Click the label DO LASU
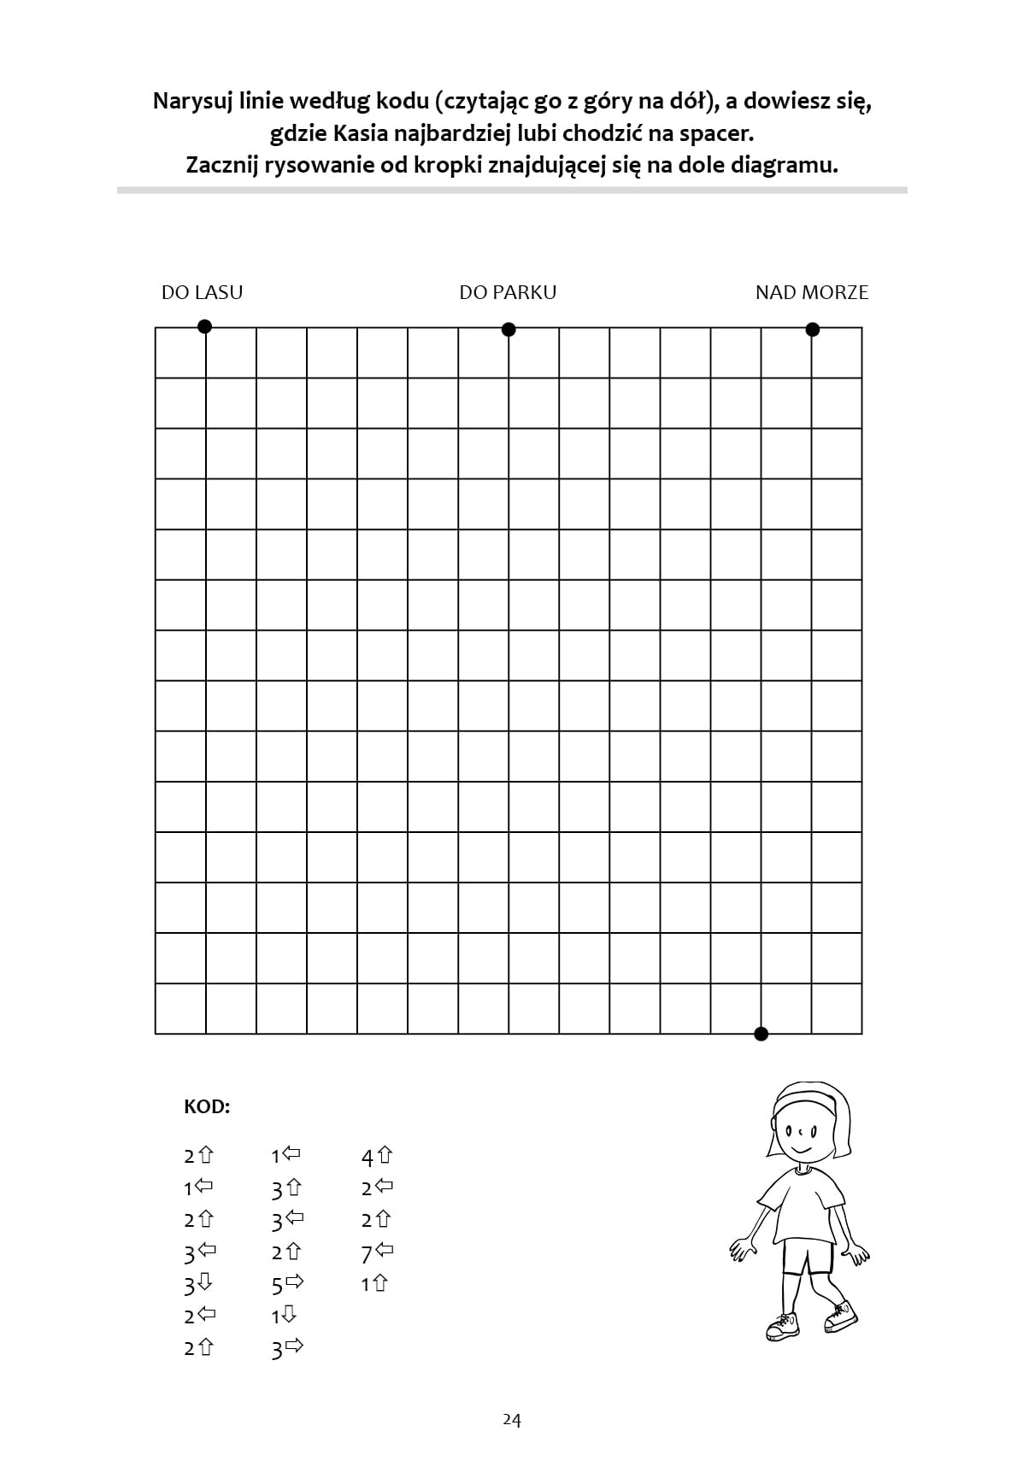[202, 292]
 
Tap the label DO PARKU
[508, 292]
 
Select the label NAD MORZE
[811, 292]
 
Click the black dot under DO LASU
[204, 326]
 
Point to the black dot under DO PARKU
[509, 329]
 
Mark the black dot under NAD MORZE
[812, 329]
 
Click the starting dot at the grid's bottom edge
[761, 1034]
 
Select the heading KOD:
[207, 1107]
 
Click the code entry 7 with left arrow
[377, 1253]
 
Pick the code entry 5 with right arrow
[288, 1284]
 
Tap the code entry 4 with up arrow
[377, 1157]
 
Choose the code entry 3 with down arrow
[198, 1284]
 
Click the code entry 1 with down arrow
[284, 1316]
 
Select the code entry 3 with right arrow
[288, 1349]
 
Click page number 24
[511, 1419]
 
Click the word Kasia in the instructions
[365, 133]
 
